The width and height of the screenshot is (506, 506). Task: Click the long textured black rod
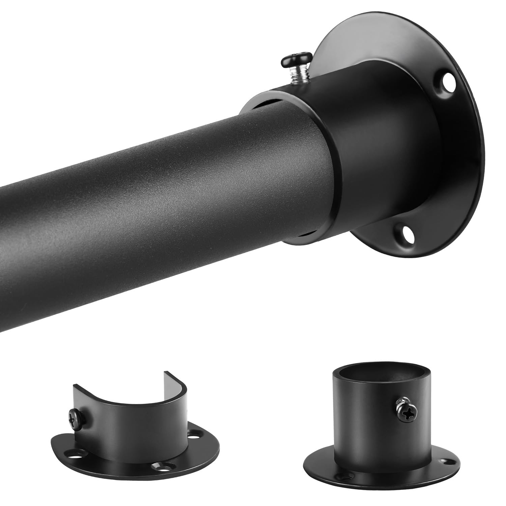coord(152,189)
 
